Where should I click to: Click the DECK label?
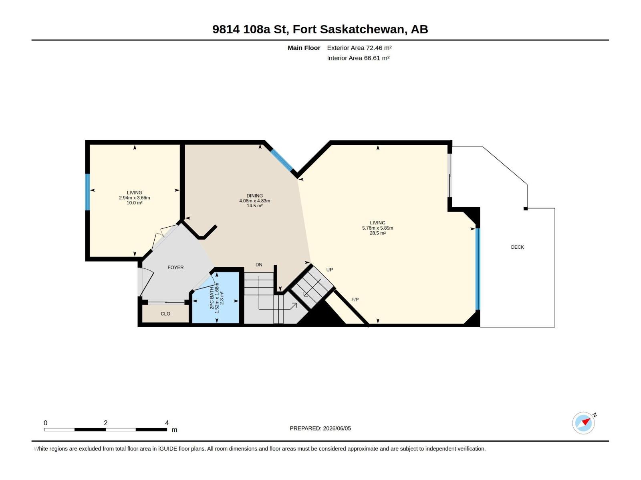(517, 247)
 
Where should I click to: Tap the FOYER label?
(175, 268)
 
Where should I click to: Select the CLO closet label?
(165, 314)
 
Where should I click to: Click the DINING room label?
(255, 196)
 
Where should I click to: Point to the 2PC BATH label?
(212, 298)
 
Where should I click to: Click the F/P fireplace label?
(355, 300)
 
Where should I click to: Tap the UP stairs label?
(329, 270)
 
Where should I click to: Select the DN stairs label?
(259, 265)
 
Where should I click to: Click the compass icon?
(583, 423)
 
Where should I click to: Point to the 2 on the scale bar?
(106, 423)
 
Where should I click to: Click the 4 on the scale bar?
(167, 423)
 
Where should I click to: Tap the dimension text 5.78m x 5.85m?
(378, 228)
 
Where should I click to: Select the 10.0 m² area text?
(134, 203)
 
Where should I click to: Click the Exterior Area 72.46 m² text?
(359, 48)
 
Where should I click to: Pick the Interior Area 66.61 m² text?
(358, 58)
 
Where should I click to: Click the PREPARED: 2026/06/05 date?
(320, 428)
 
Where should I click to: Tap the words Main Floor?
(304, 48)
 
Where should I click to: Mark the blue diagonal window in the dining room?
(282, 160)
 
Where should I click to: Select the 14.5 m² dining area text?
(255, 206)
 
